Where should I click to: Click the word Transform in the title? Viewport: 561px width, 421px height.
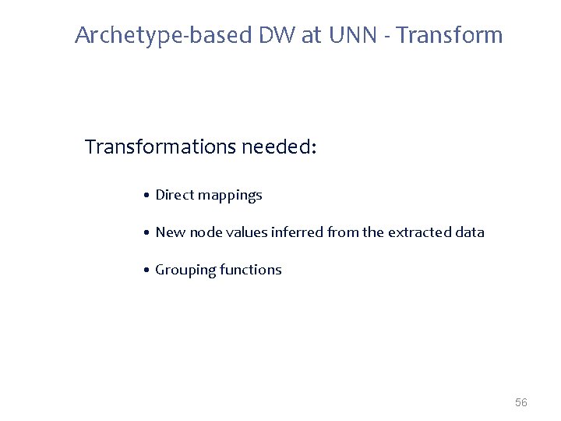(455, 35)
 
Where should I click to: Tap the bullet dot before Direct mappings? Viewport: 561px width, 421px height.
(146, 195)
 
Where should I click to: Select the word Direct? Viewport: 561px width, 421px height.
(174, 195)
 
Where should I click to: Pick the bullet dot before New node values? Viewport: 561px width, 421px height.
(146, 232)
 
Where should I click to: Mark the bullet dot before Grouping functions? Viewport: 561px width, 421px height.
(146, 270)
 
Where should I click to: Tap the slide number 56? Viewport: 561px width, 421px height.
(521, 402)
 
